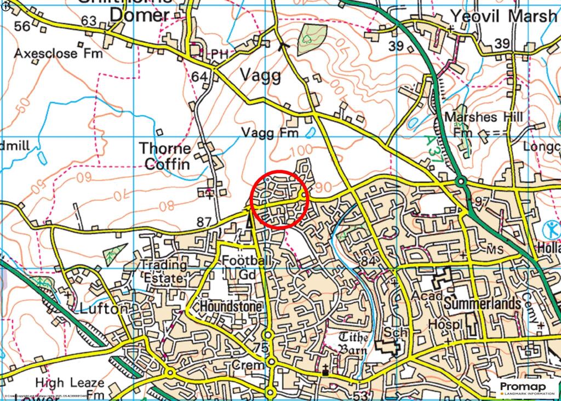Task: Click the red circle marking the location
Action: pyautogui.click(x=280, y=199)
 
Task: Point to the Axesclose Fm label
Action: pyautogui.click(x=47, y=54)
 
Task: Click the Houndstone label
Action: pyautogui.click(x=231, y=306)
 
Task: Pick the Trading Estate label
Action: pyautogui.click(x=162, y=271)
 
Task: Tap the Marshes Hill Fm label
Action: pyautogui.click(x=482, y=124)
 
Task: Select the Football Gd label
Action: pyautogui.click(x=247, y=268)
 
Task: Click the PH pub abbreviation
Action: pyautogui.click(x=220, y=54)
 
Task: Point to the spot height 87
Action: pyautogui.click(x=204, y=222)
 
